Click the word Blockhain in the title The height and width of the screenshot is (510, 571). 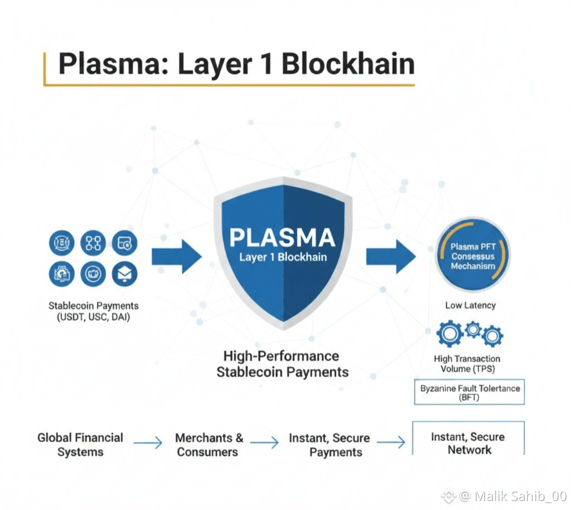(x=347, y=64)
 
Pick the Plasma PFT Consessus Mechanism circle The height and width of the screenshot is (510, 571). (x=473, y=256)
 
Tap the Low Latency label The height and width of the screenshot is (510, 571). (x=470, y=305)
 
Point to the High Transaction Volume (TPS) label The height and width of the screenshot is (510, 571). (x=467, y=364)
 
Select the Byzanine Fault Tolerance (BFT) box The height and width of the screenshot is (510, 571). (x=470, y=392)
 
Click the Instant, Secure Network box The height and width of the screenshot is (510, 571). (x=468, y=442)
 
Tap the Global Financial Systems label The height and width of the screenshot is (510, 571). (x=80, y=444)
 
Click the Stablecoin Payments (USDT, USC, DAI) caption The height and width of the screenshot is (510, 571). (x=94, y=311)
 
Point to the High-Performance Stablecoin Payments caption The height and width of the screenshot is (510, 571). (x=282, y=364)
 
